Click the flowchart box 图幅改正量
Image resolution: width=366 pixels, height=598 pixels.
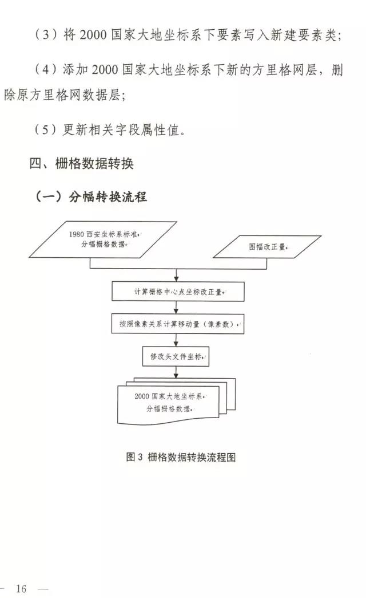[267, 247]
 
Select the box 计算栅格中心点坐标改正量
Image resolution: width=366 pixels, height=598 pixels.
[178, 292]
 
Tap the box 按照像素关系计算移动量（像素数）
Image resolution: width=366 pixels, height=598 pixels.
[178, 324]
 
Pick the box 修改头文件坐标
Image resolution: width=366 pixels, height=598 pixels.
[176, 356]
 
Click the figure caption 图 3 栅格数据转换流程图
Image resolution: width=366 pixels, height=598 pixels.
[180, 457]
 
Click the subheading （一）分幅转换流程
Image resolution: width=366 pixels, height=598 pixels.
[91, 197]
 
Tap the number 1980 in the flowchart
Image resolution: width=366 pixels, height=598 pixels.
[77, 234]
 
